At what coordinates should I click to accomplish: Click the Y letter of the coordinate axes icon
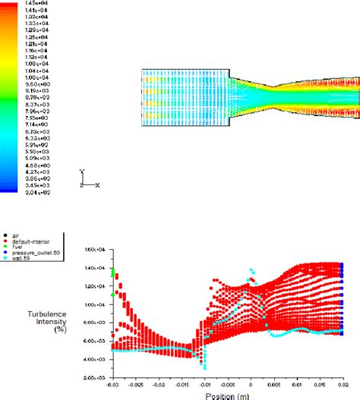click(x=82, y=172)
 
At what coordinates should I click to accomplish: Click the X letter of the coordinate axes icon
click(x=98, y=184)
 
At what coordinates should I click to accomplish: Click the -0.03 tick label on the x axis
click(x=113, y=385)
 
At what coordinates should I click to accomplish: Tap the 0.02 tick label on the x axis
click(x=342, y=385)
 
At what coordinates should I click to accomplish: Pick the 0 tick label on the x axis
click(x=251, y=385)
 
